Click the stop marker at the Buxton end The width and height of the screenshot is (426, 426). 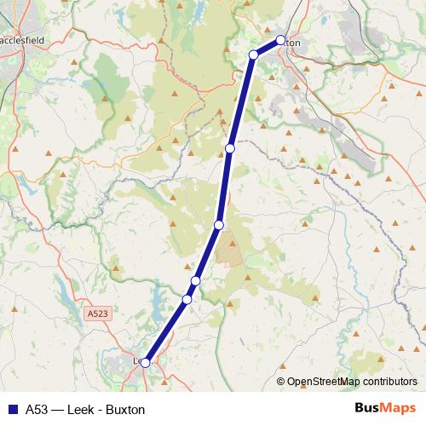point(281,39)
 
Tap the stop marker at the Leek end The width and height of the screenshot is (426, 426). point(145,363)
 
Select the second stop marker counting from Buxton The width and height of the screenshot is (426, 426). point(253,55)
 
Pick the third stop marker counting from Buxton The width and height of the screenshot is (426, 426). point(229,148)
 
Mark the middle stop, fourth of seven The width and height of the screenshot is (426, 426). point(219,225)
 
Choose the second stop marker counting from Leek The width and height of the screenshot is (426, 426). point(187,299)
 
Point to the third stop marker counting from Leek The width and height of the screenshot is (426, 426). point(195,281)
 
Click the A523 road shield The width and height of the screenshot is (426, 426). point(97,314)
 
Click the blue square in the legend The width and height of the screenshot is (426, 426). point(11,409)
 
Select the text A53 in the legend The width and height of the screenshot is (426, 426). point(37,409)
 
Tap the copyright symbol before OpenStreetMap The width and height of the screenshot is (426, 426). point(281,382)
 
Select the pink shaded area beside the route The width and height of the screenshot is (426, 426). point(229,250)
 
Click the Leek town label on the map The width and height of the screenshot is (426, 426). point(137,361)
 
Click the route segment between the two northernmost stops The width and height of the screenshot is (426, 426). point(267,48)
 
